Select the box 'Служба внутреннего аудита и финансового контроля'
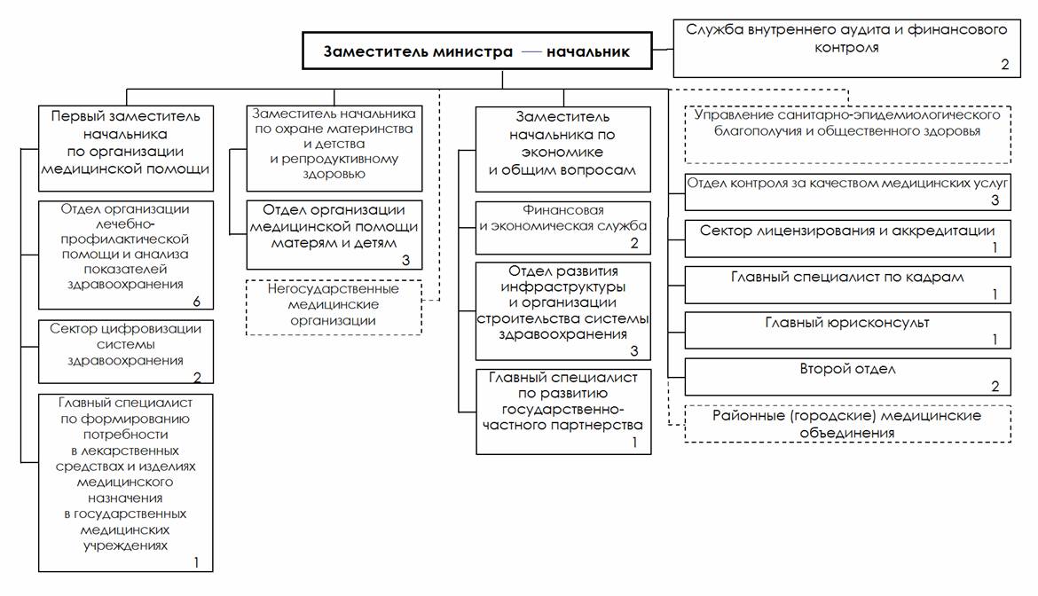pos(846,48)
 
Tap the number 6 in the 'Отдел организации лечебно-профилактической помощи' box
pos(197,302)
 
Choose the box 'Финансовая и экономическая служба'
pos(563,226)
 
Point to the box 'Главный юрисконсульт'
pos(847,330)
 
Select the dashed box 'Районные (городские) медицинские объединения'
pos(847,424)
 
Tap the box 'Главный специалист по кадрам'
pos(847,284)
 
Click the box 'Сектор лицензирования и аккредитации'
pos(847,238)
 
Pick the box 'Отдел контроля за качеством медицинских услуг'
pos(847,191)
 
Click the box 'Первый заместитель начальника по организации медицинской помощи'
pos(125,148)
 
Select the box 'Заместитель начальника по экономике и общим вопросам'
pos(563,148)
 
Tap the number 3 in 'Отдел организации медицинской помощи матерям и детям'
pos(405,260)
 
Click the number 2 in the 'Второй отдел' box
pos(995,387)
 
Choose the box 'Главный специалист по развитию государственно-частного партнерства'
pos(563,411)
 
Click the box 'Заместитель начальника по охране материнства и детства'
pos(333,148)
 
